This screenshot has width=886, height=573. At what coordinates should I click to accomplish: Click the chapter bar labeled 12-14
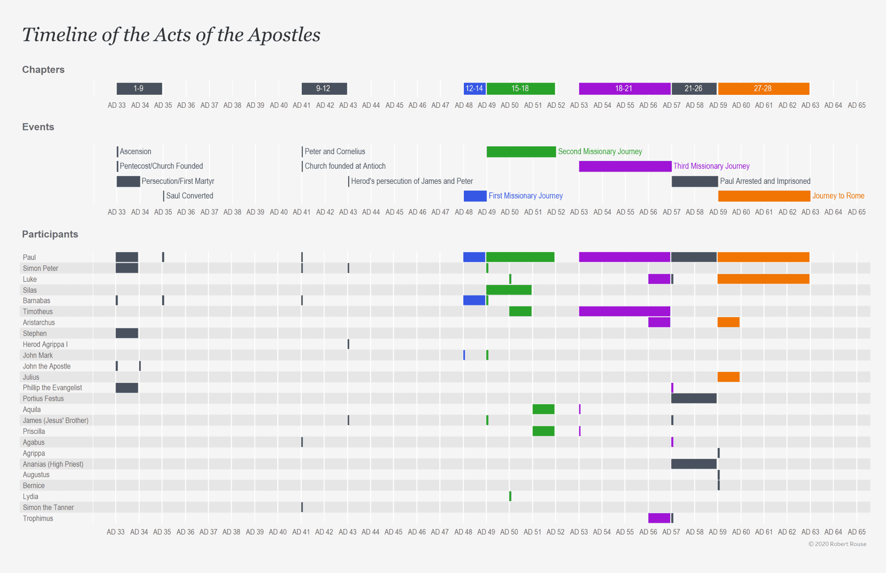point(474,88)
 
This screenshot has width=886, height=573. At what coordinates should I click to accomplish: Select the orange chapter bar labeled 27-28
point(763,88)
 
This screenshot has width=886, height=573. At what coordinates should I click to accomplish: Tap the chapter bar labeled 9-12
point(324,88)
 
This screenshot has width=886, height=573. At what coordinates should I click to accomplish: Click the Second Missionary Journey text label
point(600,152)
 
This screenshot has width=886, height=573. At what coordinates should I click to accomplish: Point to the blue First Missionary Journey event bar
point(475,196)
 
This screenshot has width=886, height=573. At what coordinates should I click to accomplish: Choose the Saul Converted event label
point(190,196)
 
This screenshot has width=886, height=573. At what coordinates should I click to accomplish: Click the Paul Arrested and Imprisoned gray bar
point(694,181)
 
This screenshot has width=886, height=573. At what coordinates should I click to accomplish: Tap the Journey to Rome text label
point(838,196)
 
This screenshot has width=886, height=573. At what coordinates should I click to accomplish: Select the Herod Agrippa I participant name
point(45,344)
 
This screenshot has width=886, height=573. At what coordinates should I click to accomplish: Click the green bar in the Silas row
point(509,290)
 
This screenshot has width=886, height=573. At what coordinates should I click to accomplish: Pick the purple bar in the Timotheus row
point(624,312)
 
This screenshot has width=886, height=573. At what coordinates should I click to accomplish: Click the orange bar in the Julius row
point(728,377)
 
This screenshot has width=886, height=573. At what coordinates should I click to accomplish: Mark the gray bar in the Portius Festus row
point(693,399)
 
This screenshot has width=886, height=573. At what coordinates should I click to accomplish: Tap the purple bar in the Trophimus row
point(659,518)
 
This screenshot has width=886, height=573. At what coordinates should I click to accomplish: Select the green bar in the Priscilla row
point(543,431)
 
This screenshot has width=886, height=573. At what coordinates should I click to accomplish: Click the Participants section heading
point(50,234)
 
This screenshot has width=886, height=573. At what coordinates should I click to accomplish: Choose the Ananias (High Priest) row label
point(53,464)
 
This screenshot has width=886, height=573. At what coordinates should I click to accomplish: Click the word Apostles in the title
point(284,35)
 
